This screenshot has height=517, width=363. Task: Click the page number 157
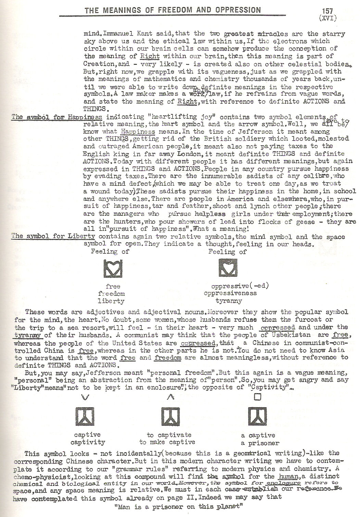pyautogui.click(x=327, y=11)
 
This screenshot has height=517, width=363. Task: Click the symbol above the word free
pyautogui.click(x=113, y=268)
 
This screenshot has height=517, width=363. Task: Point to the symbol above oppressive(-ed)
pyautogui.click(x=228, y=268)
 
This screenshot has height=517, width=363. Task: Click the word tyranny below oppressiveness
pyautogui.click(x=229, y=301)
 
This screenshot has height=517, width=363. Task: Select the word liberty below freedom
pyautogui.click(x=111, y=301)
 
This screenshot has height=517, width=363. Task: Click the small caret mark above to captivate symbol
pyautogui.click(x=168, y=397)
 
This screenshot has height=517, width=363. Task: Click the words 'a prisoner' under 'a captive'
pyautogui.click(x=258, y=443)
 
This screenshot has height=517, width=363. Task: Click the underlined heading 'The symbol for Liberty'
pyautogui.click(x=53, y=237)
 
